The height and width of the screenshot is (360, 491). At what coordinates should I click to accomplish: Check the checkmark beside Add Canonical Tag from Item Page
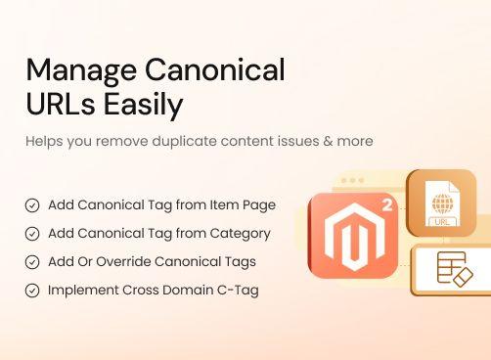32,205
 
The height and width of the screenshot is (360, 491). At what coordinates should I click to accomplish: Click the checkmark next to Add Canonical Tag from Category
32,234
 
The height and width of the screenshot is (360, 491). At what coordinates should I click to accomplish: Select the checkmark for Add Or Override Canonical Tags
32,262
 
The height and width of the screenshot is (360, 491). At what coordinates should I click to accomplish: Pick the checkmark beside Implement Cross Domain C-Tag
32,291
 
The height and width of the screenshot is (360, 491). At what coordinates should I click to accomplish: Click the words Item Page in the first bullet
244,205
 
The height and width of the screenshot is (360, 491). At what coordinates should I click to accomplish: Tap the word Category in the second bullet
240,234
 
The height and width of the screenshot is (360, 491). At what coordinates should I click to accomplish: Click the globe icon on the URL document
441,206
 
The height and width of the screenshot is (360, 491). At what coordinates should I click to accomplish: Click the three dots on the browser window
349,181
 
